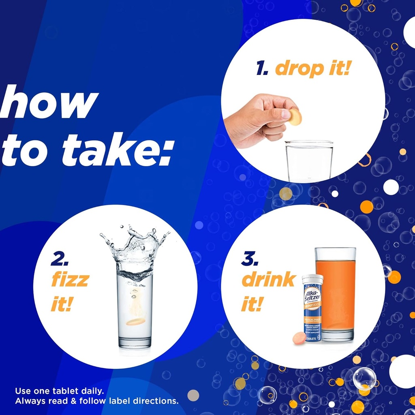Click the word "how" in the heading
[49, 104]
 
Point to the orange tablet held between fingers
[295, 117]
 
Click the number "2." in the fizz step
[60, 259]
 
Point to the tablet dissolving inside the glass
[135, 322]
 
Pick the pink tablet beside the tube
[299, 338]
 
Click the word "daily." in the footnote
[91, 391]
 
